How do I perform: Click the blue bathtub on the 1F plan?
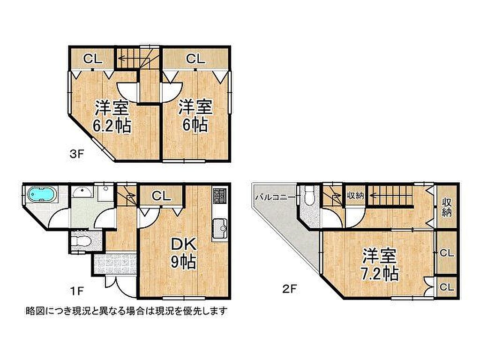click(x=42, y=195)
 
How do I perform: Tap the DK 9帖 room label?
click(x=183, y=253)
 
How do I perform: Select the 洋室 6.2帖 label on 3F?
click(x=112, y=116)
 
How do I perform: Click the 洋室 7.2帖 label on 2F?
click(x=380, y=264)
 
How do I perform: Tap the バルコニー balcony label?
click(x=275, y=197)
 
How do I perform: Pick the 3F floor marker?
click(x=76, y=154)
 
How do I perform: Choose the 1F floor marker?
click(x=77, y=291)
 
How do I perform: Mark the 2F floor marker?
click(x=289, y=289)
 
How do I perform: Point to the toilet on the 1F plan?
click(x=80, y=241)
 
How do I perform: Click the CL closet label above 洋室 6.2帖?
click(x=93, y=59)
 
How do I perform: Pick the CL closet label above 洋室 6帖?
click(x=195, y=59)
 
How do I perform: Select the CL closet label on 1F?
click(x=161, y=196)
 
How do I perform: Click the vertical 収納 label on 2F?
click(x=447, y=207)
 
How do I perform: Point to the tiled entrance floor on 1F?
click(x=115, y=263)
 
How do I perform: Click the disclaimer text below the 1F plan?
click(x=127, y=311)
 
